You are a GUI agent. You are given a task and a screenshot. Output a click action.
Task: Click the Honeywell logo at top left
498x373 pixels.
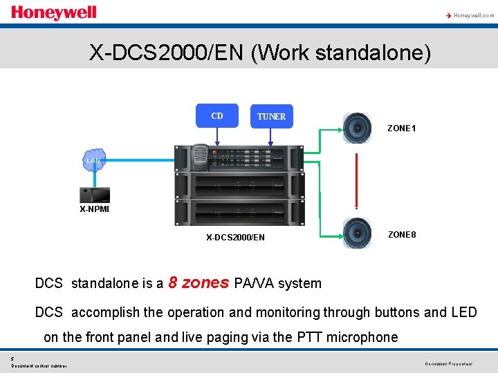pyautogui.click(x=53, y=12)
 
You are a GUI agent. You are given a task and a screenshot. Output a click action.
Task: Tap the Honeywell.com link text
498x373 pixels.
pyautogui.click(x=473, y=15)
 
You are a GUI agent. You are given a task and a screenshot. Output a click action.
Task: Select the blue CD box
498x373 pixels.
pyautogui.click(x=217, y=116)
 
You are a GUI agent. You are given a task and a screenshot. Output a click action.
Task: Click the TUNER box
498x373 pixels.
pyautogui.click(x=271, y=117)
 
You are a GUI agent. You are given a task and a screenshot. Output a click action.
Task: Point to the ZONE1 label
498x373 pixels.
pyautogui.click(x=401, y=128)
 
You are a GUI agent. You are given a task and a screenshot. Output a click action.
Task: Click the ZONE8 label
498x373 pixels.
pyautogui.click(x=402, y=235)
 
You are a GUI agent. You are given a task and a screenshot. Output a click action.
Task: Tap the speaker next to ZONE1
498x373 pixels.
pyautogui.click(x=358, y=128)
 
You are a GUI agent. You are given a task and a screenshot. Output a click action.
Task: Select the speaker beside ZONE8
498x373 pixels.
pyautogui.click(x=358, y=233)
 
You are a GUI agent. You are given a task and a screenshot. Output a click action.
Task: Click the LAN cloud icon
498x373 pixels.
pyautogui.click(x=93, y=160)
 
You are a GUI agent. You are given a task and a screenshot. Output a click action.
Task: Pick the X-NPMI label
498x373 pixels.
pyautogui.click(x=94, y=209)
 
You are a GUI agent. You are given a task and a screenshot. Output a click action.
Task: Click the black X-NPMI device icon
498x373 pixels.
pyautogui.click(x=95, y=195)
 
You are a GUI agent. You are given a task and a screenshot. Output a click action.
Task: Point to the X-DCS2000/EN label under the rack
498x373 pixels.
pyautogui.click(x=235, y=238)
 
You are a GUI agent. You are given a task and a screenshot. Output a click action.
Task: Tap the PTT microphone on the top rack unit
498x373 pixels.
pyautogui.click(x=199, y=157)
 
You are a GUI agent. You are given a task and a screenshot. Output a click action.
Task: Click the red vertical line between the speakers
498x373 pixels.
pyautogui.click(x=356, y=180)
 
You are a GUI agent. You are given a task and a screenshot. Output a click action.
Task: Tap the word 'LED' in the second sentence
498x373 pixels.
pyautogui.click(x=463, y=312)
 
